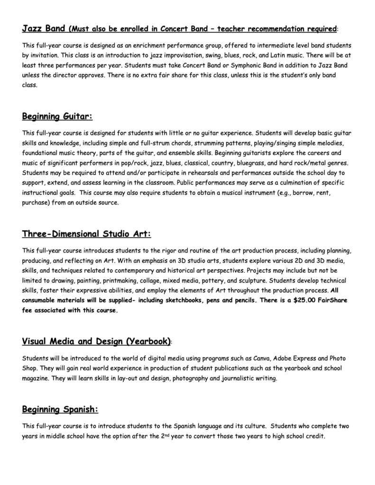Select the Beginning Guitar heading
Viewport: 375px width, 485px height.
click(57, 116)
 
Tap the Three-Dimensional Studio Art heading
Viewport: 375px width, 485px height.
click(87, 234)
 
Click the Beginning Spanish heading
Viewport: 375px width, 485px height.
click(60, 409)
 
